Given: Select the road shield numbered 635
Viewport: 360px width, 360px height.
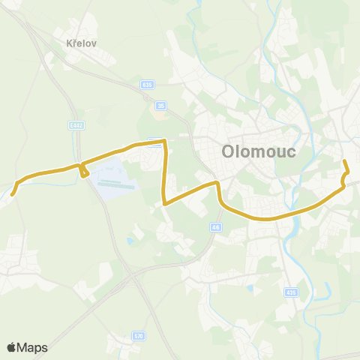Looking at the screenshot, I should (147, 85).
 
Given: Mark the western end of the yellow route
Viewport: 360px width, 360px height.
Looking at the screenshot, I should (12, 195).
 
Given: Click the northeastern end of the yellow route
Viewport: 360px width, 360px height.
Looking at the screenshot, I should (344, 161).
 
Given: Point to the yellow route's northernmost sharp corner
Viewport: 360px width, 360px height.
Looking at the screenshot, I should (163, 141).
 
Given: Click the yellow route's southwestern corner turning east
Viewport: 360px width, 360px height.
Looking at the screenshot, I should (164, 202).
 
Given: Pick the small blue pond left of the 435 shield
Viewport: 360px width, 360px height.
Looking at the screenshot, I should (250, 287).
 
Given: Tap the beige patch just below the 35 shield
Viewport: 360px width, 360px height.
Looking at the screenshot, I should (159, 113).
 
